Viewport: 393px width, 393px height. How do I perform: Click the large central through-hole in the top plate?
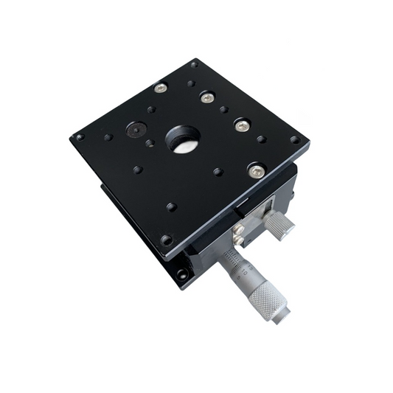coord(184,139)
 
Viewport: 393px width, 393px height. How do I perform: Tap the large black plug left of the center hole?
coord(133,131)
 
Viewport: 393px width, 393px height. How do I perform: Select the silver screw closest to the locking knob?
coord(256,170)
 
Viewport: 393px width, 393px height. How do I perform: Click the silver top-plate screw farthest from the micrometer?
coord(161,87)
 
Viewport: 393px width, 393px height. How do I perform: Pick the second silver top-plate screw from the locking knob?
coord(242,125)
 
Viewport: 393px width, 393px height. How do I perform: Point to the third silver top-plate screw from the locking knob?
coord(207,97)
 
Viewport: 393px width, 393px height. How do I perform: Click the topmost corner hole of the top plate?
coord(195,64)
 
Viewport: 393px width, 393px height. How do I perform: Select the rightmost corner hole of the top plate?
coord(295,139)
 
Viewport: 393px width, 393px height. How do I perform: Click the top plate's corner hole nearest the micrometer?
coord(167,240)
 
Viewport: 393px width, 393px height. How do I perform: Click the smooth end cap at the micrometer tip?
coord(281,315)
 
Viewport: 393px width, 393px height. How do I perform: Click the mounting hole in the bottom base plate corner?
coord(181,274)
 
